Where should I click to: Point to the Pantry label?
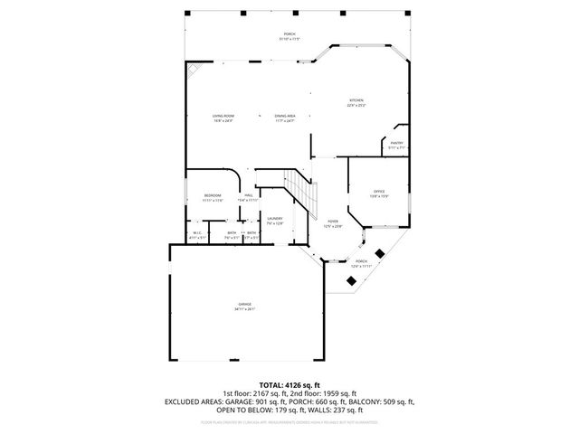396,144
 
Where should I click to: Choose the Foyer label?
333,222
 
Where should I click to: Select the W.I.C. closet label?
196,234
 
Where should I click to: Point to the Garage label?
244,306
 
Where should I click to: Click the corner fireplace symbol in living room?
194,70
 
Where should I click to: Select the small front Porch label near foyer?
360,264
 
